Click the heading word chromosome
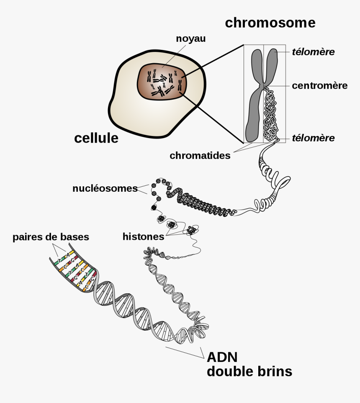coord(270,23)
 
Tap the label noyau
coord(190,39)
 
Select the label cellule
coord(96,138)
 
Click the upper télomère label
coord(313,52)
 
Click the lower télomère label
coord(313,138)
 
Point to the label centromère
coord(319,85)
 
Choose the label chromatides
coord(200,156)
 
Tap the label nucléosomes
coord(105,188)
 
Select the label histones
coord(143,236)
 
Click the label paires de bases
coord(51,237)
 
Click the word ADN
coord(222,357)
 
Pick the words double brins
coord(249,372)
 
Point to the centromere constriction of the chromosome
coord(263,86)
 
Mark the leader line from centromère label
coord(278,86)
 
